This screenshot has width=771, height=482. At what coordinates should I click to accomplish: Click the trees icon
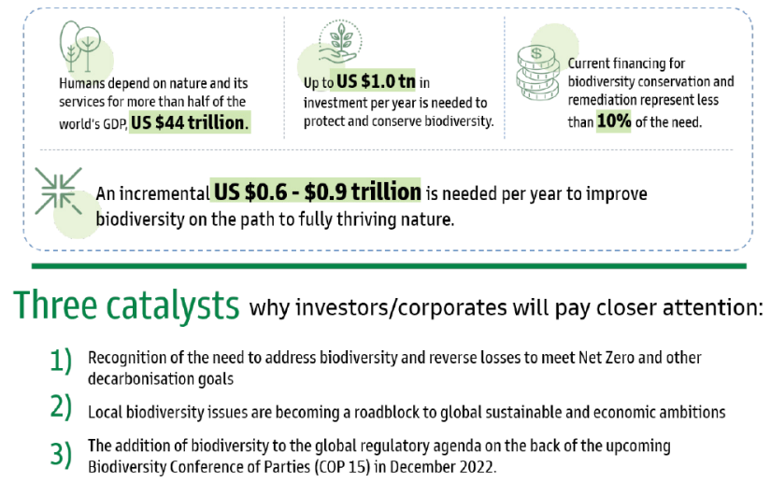[80, 46]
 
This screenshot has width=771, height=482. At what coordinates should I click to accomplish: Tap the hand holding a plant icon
[340, 42]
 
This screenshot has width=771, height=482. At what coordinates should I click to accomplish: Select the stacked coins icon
[538, 73]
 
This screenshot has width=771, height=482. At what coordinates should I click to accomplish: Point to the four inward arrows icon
[59, 191]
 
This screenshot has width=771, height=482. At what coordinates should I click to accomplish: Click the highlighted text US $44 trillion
[190, 121]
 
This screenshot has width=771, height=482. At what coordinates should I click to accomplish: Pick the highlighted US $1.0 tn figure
[376, 81]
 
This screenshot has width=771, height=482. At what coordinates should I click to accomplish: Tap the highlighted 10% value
[614, 120]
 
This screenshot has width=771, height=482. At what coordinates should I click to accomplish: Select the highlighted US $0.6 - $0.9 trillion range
[317, 191]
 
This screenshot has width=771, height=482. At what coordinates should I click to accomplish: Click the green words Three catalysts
[126, 305]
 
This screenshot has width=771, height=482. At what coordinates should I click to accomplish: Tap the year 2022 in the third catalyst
[477, 466]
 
